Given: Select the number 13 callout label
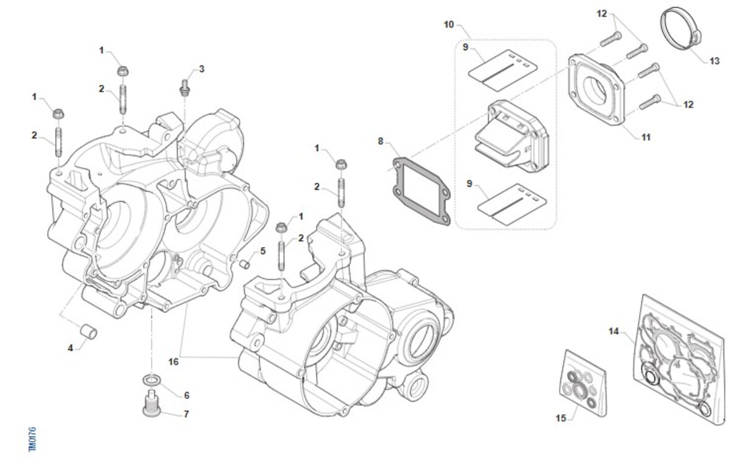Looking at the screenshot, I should [715, 61].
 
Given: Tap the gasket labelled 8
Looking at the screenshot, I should [420, 189].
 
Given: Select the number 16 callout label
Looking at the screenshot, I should [173, 361].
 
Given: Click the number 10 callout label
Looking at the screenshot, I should [449, 25].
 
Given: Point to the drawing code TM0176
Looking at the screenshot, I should [33, 439].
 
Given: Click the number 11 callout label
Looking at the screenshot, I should [645, 137].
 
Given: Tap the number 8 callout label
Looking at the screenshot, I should [381, 141].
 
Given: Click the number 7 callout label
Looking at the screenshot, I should [186, 413].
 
